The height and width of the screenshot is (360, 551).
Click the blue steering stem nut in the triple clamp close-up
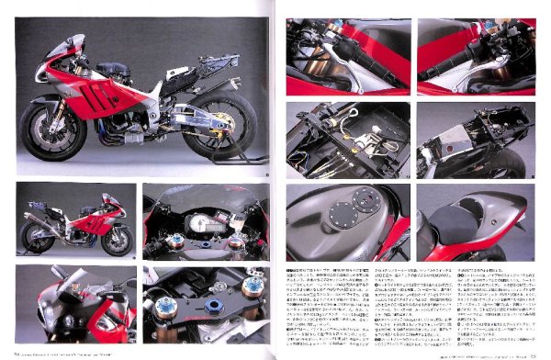pos(212,306)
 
